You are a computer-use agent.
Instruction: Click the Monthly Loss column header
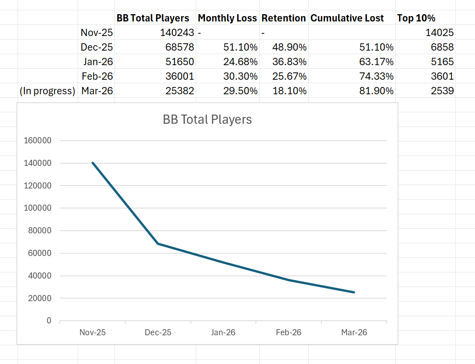227,18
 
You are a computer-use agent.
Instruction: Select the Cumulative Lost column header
347,18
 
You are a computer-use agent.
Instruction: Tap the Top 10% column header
416,18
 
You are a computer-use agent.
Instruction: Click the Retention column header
283,18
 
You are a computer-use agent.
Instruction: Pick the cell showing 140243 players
177,33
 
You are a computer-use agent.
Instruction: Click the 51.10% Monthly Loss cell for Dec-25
241,47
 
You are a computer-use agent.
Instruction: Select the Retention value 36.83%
290,62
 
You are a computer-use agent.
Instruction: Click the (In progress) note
47,91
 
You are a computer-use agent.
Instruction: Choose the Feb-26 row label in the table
97,76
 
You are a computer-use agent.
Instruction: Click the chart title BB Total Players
207,119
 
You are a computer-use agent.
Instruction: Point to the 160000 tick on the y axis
37,141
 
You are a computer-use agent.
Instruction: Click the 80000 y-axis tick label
39,231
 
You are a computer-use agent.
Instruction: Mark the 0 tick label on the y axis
49,321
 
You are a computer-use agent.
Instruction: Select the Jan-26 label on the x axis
223,332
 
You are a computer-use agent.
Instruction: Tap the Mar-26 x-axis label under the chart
354,332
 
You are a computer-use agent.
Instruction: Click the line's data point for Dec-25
158,243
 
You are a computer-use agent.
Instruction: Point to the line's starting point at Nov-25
93,163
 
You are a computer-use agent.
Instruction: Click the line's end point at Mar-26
354,292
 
